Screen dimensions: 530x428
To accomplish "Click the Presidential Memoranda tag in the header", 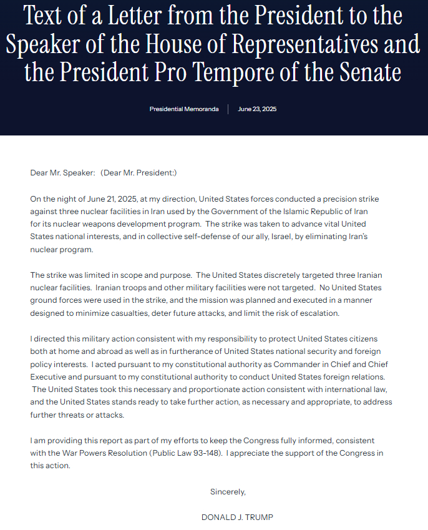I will click(184, 109).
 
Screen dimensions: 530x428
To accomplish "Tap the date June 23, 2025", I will click(257, 109).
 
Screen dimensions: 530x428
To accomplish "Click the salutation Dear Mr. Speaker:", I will click(62, 172).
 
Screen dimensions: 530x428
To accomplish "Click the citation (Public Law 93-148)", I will click(187, 453).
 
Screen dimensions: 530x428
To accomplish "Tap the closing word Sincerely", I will click(228, 491).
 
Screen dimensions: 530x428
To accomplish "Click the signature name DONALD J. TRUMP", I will click(237, 517).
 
